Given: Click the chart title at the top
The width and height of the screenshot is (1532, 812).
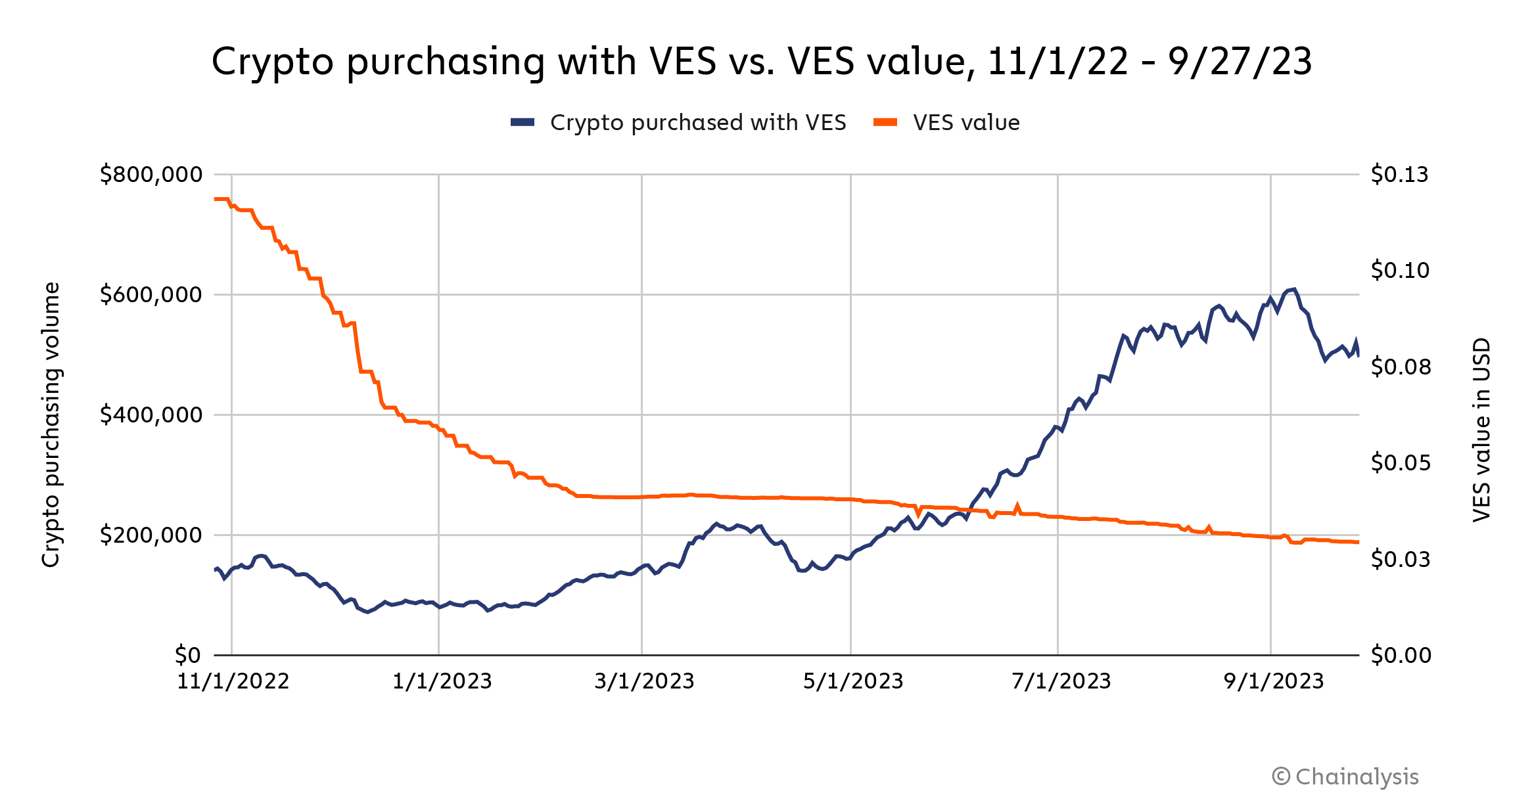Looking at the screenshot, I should (x=762, y=62).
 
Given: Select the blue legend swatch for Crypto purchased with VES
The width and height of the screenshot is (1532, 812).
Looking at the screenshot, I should (x=522, y=122).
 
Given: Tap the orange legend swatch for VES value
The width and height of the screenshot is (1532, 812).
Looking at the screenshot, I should (x=885, y=122).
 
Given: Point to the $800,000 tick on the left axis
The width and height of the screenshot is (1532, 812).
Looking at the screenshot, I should (x=151, y=175).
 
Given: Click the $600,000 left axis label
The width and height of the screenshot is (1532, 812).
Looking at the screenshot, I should (x=151, y=295).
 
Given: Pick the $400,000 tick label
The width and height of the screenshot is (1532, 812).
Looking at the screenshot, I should (x=151, y=415).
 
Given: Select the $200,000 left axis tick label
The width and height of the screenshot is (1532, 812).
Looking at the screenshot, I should (x=151, y=535).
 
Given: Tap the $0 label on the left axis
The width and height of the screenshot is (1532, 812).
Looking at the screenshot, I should (x=188, y=655).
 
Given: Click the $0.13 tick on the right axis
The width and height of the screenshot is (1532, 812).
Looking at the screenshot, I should (x=1399, y=175).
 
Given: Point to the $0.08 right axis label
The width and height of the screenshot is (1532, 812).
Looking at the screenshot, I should (x=1401, y=367).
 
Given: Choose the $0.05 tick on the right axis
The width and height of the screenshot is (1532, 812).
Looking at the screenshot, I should (x=1401, y=463).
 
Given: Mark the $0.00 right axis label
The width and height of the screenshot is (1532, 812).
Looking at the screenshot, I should (x=1401, y=655).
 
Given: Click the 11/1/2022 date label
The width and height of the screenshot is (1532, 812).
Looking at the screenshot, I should (x=233, y=681).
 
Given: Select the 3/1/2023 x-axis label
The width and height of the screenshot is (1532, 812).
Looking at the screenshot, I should (x=644, y=681).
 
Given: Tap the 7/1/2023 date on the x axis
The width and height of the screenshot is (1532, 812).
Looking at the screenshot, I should (x=1061, y=681).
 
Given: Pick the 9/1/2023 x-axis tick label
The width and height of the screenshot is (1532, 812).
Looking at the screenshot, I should (x=1274, y=681).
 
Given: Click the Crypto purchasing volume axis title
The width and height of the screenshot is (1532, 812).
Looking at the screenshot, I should (x=51, y=424).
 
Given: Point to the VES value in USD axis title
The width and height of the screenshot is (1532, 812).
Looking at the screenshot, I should (x=1481, y=430).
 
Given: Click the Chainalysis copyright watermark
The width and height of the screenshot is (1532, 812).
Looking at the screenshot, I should (x=1345, y=777).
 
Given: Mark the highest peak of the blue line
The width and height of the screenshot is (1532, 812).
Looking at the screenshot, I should (x=1294, y=289).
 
